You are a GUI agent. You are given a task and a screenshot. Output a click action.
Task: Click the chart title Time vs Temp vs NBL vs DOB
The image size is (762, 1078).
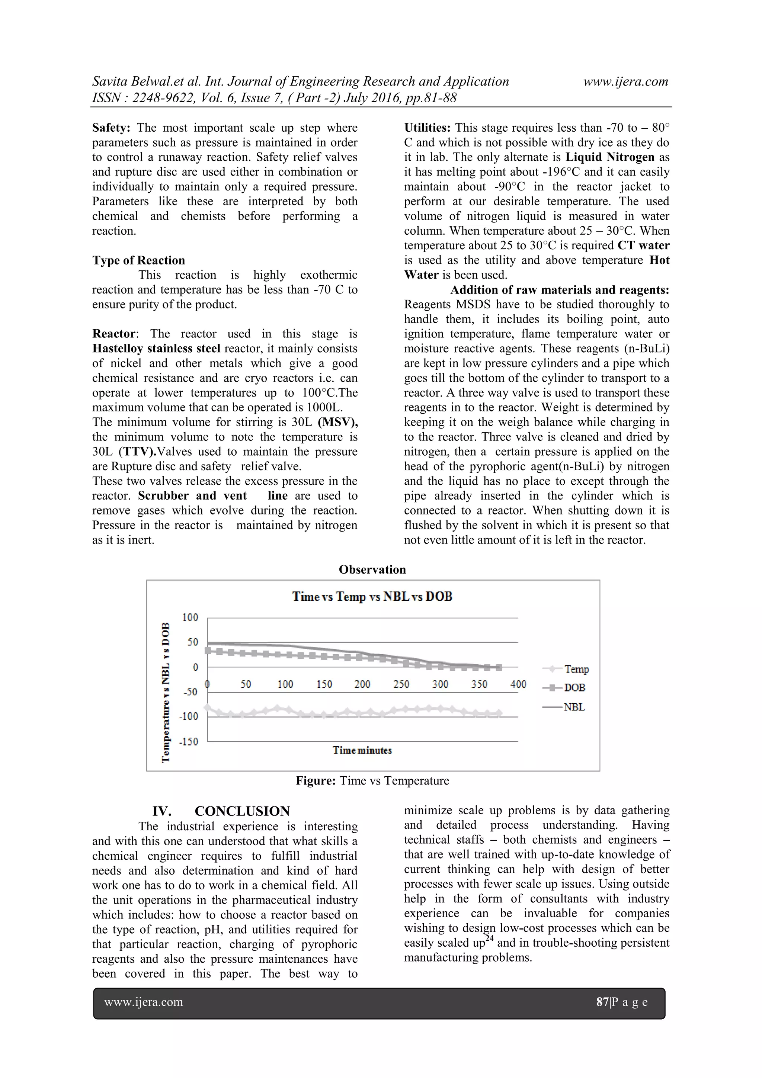pyautogui.click(x=372, y=597)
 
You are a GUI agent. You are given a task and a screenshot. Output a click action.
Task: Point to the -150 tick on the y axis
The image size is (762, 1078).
pyautogui.click(x=188, y=742)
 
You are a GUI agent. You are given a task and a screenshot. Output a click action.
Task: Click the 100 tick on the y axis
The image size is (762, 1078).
pyautogui.click(x=190, y=618)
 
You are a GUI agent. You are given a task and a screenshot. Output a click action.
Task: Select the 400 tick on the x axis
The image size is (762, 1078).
pyautogui.click(x=518, y=684)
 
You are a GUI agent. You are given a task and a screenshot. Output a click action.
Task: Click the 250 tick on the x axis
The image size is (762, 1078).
pyautogui.click(x=401, y=684)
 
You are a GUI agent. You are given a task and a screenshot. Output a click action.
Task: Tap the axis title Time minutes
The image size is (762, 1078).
pyautogui.click(x=362, y=750)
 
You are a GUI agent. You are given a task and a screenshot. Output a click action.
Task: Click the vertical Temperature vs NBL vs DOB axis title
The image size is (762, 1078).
pyautogui.click(x=165, y=693)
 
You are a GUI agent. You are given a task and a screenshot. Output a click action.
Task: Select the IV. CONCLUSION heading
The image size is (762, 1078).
pyautogui.click(x=221, y=811)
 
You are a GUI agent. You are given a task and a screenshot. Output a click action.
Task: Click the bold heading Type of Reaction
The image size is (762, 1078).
pyautogui.click(x=138, y=261)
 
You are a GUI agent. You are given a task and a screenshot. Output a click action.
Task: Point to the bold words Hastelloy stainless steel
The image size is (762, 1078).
pyautogui.click(x=156, y=349)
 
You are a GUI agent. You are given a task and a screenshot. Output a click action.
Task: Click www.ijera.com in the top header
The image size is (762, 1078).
pyautogui.click(x=625, y=82)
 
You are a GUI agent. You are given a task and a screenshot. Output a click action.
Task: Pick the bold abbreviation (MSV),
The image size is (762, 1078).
pyautogui.click(x=337, y=422)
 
